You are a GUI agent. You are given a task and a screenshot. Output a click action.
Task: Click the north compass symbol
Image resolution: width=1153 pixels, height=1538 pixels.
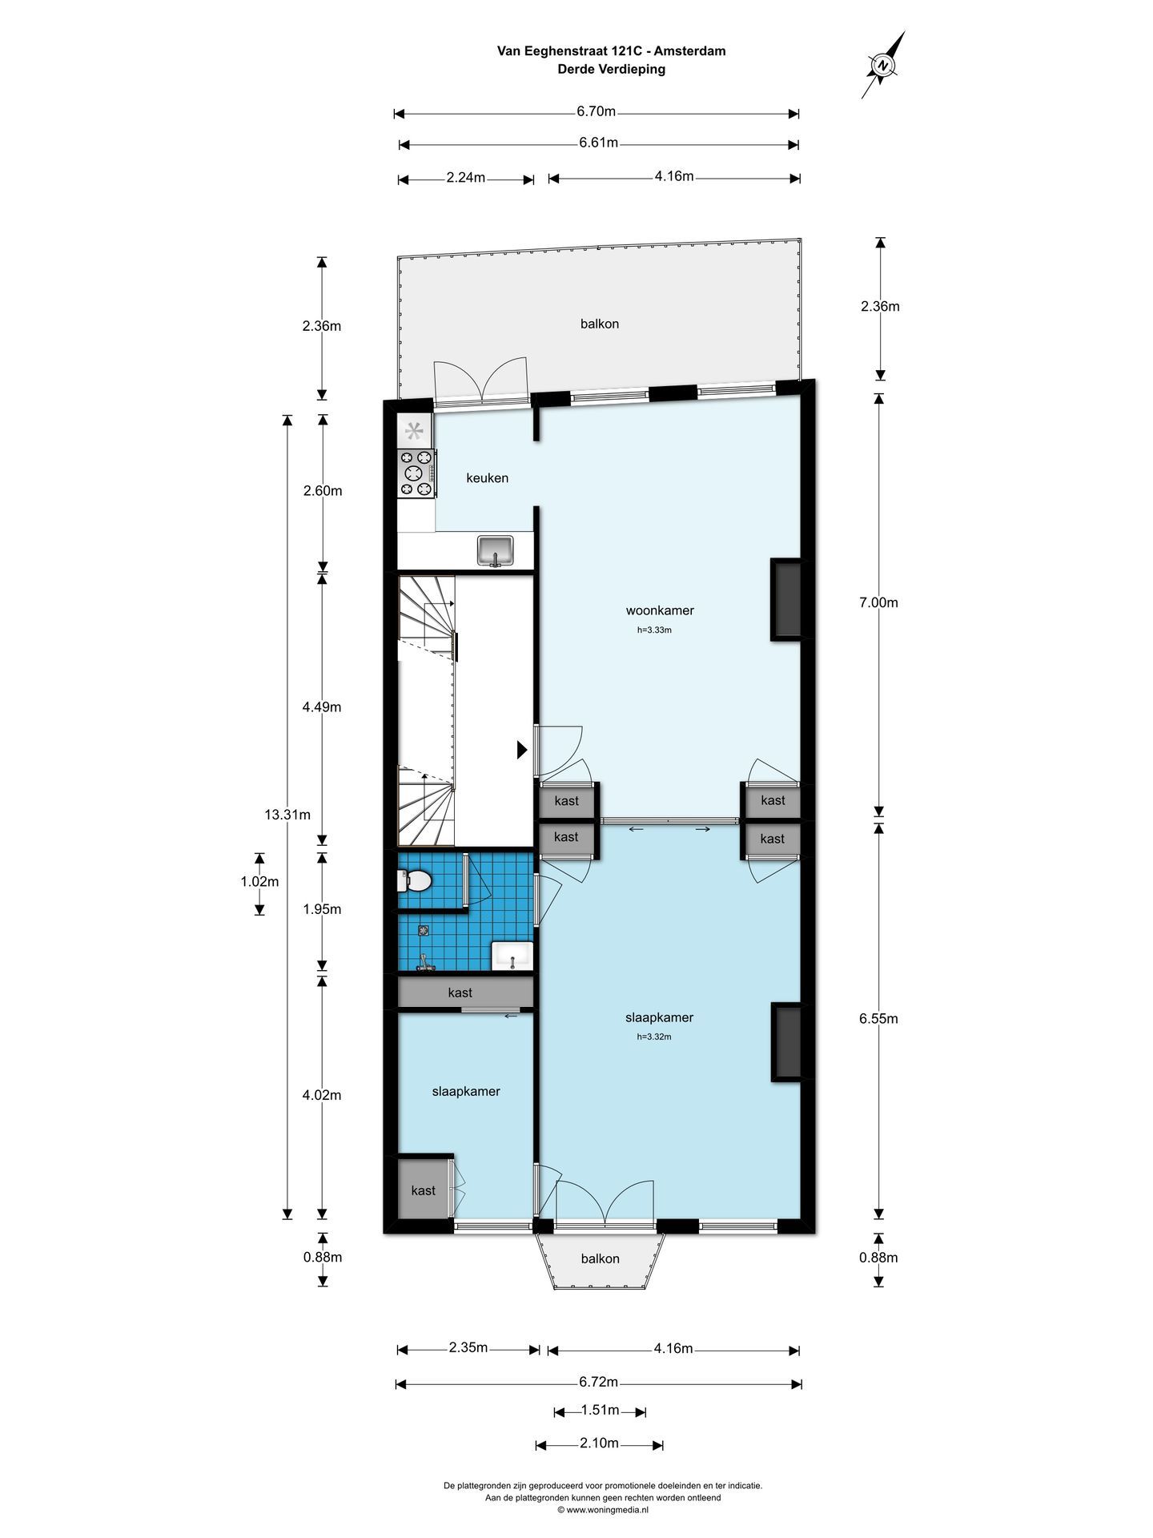coord(883,65)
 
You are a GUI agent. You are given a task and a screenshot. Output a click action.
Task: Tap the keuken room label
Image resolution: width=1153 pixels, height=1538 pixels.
coord(487,478)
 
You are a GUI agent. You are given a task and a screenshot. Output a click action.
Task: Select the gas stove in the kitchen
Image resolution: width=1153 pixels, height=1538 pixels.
coord(417,473)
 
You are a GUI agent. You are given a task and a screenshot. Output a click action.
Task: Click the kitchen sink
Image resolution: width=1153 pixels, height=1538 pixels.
coord(496,551)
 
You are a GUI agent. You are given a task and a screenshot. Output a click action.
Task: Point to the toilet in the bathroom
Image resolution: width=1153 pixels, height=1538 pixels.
coord(414,881)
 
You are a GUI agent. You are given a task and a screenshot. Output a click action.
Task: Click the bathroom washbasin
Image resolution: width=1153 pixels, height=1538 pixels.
coord(512,956)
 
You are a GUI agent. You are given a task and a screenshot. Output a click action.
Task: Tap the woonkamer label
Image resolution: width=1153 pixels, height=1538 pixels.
coord(660,610)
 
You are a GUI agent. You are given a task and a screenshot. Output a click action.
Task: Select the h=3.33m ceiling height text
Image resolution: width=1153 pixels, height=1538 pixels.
coord(654,630)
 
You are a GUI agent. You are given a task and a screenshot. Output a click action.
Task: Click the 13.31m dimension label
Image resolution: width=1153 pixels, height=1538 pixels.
coord(287,815)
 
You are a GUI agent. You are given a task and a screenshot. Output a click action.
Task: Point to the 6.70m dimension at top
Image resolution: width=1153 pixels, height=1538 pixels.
coord(597,111)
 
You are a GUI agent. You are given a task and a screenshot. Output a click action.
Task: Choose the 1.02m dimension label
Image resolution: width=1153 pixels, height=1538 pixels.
coord(259,882)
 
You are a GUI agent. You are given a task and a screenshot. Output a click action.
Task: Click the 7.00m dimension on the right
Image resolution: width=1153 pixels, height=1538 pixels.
coord(878,602)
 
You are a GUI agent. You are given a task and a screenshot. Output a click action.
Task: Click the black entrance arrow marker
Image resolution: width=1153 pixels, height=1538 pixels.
coord(522,750)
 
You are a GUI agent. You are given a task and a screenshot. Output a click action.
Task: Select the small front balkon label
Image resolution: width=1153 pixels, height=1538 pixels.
coord(600,1258)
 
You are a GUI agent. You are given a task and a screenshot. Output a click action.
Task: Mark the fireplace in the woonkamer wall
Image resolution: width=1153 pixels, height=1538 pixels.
coord(786,599)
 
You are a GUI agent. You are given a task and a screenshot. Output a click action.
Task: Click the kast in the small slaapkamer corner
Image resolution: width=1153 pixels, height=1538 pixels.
coord(424,1190)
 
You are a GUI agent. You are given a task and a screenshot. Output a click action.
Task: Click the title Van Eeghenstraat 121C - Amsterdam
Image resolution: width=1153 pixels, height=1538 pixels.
coord(612,51)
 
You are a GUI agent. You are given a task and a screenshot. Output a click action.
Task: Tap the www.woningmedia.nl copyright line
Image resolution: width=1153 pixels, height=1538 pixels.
coord(603,1510)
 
